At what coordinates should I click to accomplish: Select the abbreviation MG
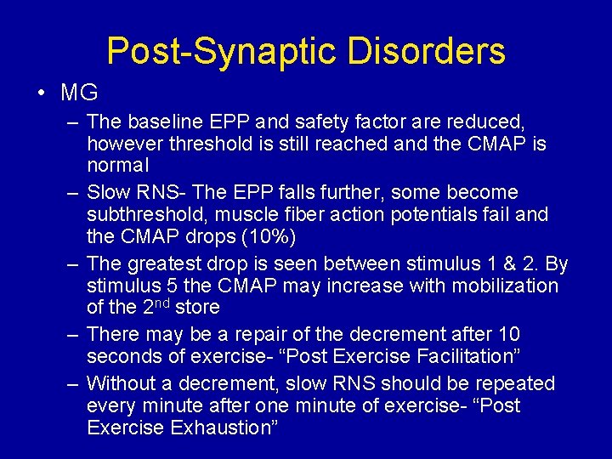point(80,92)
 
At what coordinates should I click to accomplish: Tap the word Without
point(120,384)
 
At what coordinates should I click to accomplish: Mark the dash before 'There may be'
point(73,335)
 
